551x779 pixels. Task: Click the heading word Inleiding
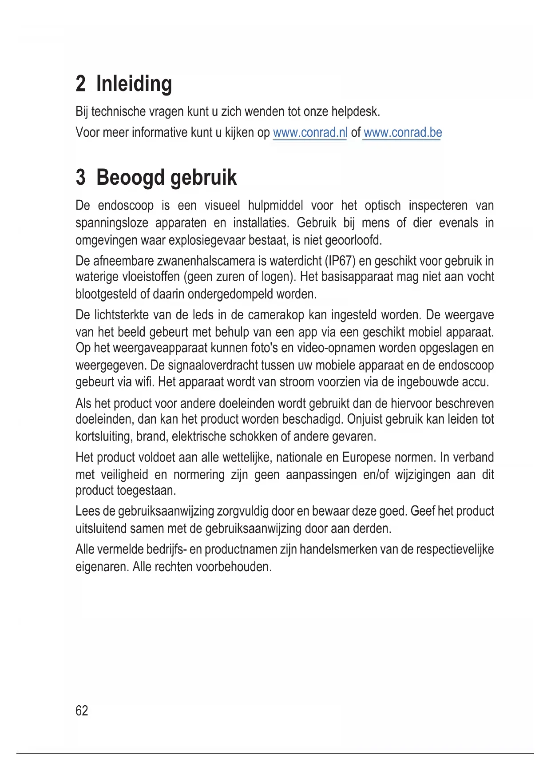134,84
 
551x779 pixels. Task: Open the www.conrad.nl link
310,132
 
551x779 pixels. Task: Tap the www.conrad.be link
402,132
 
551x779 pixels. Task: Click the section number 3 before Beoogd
80,177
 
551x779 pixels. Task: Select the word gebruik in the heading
203,177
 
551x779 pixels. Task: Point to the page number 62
82,711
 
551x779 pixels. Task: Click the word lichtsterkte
122,315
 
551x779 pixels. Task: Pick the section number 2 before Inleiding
80,84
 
